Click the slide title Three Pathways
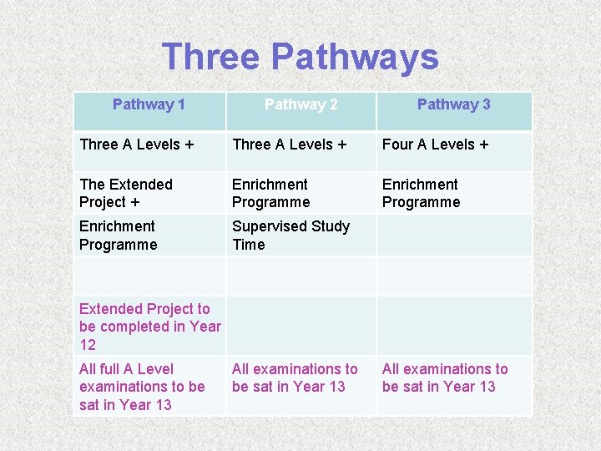click(300, 57)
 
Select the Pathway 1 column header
click(149, 104)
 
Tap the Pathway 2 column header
click(300, 104)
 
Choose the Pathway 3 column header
click(453, 104)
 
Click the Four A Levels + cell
click(435, 144)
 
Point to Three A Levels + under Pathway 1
click(137, 144)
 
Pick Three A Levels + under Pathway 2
click(289, 144)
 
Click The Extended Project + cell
click(126, 193)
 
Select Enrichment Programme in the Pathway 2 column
click(270, 193)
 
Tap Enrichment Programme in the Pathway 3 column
click(421, 193)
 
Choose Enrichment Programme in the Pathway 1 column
click(118, 236)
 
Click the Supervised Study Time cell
click(290, 236)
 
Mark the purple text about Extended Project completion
click(149, 327)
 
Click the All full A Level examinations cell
click(142, 387)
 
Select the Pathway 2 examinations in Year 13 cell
click(294, 378)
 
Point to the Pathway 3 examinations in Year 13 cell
click(445, 378)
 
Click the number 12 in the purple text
click(88, 345)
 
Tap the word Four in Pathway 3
click(397, 144)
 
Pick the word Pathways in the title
click(355, 57)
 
